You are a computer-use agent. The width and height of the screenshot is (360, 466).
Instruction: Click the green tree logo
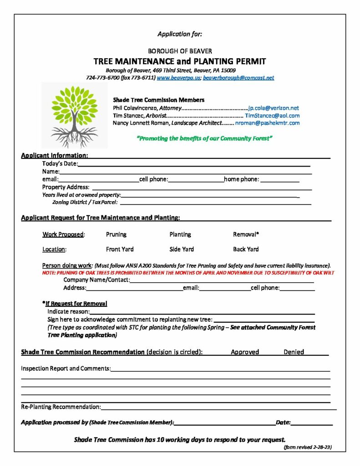pyautogui.click(x=75, y=116)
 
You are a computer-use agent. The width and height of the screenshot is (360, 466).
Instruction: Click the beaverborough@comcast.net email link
pyautogui.click(x=238, y=78)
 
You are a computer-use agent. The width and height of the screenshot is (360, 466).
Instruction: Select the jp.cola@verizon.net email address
pyautogui.click(x=273, y=108)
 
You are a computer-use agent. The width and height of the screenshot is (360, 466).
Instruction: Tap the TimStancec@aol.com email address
pyautogui.click(x=272, y=116)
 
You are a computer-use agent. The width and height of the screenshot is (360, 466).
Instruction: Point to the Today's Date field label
pyautogui.click(x=60, y=164)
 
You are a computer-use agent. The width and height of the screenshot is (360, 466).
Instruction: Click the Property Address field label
pyautogui.click(x=66, y=187)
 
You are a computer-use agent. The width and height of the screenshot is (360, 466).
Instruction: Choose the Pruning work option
pyautogui.click(x=116, y=234)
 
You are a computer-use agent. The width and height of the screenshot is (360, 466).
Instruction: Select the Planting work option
pyautogui.click(x=180, y=234)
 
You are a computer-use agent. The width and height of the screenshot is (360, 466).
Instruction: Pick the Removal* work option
pyautogui.click(x=246, y=234)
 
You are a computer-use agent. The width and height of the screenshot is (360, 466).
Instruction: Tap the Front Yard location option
pyautogui.click(x=120, y=249)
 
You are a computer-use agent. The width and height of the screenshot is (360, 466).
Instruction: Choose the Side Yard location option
pyautogui.click(x=182, y=249)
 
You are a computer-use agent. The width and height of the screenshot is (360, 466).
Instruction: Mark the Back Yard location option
pyautogui.click(x=246, y=249)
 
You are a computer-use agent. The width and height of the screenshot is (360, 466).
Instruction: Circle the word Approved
pyautogui.click(x=245, y=352)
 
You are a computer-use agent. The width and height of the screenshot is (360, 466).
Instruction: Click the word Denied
pyautogui.click(x=294, y=352)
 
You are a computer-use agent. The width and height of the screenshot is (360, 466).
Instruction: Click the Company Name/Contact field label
pyautogui.click(x=96, y=280)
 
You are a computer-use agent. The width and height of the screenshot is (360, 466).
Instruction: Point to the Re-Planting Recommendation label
pyautogui.click(x=61, y=406)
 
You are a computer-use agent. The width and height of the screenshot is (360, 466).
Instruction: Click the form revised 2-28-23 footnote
pyautogui.click(x=307, y=447)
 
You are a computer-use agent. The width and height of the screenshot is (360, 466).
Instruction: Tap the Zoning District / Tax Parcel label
pyautogui.click(x=85, y=202)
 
